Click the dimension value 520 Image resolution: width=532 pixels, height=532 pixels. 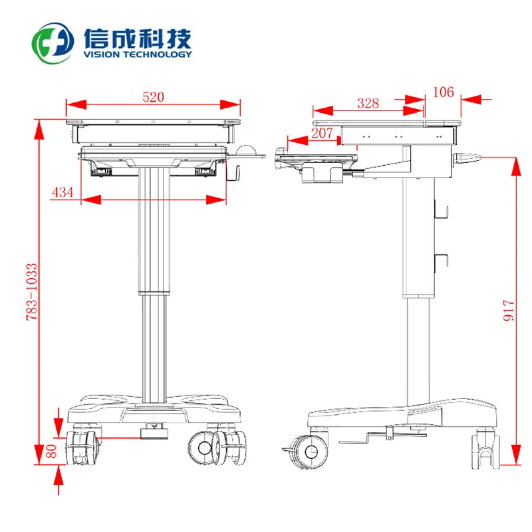[153, 97]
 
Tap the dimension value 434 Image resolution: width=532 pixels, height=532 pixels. [62, 192]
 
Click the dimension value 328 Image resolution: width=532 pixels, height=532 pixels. [368, 103]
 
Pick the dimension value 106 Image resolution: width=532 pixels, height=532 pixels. [443, 92]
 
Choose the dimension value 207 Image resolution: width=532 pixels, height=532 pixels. [322, 133]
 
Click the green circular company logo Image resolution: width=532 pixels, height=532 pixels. [54, 43]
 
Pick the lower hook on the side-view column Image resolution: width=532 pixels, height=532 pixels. [441, 261]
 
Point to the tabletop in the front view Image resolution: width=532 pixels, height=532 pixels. [153, 122]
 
